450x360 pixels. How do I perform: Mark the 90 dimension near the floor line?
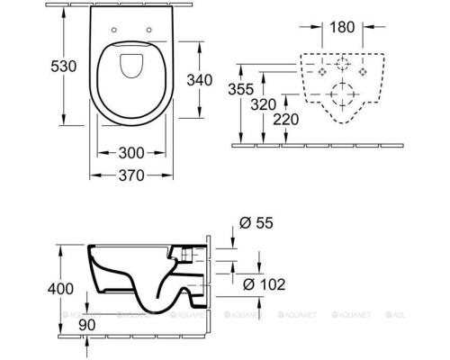pyautogui.click(x=87, y=322)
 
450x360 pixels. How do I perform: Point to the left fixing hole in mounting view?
pyautogui.click(x=321, y=71)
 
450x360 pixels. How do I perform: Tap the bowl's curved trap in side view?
pyautogui.click(x=171, y=288)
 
